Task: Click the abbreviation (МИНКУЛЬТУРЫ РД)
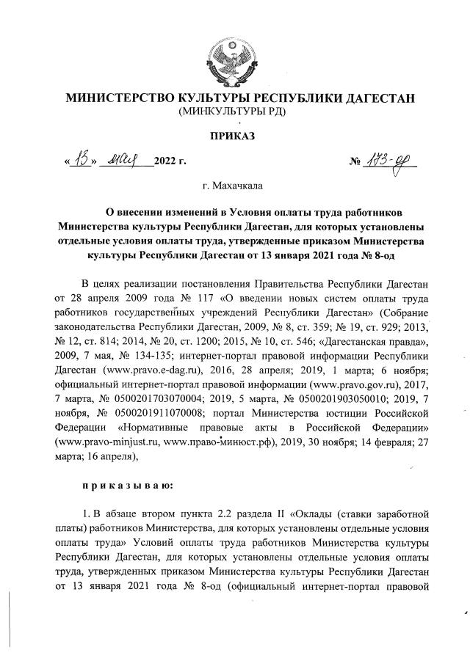pos(235,112)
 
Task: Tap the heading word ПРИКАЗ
pos(235,137)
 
